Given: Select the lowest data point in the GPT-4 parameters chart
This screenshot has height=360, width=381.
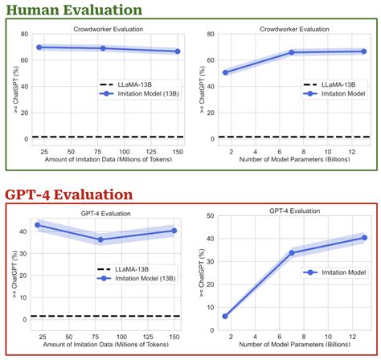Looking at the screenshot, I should [x=225, y=316].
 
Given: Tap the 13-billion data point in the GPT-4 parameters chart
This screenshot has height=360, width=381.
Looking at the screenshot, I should [x=364, y=238].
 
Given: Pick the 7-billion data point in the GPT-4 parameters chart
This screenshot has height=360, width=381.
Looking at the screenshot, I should [x=291, y=253].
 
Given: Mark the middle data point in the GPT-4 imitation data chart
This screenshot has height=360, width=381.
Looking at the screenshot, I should [x=100, y=239].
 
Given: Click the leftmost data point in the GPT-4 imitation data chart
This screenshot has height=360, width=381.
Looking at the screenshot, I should [x=38, y=225].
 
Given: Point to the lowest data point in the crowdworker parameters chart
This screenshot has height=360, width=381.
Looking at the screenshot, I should [x=225, y=72].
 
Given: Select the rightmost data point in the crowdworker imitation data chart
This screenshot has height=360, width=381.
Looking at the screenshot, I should [x=177, y=51].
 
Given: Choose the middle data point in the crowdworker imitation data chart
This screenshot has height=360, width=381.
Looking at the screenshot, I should [x=102, y=48].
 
